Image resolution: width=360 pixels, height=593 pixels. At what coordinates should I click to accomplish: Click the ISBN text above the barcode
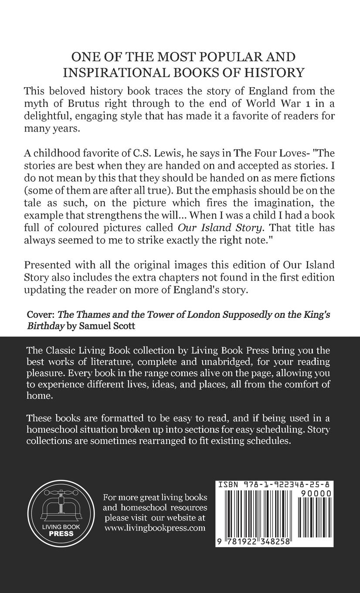pos(273,484)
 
